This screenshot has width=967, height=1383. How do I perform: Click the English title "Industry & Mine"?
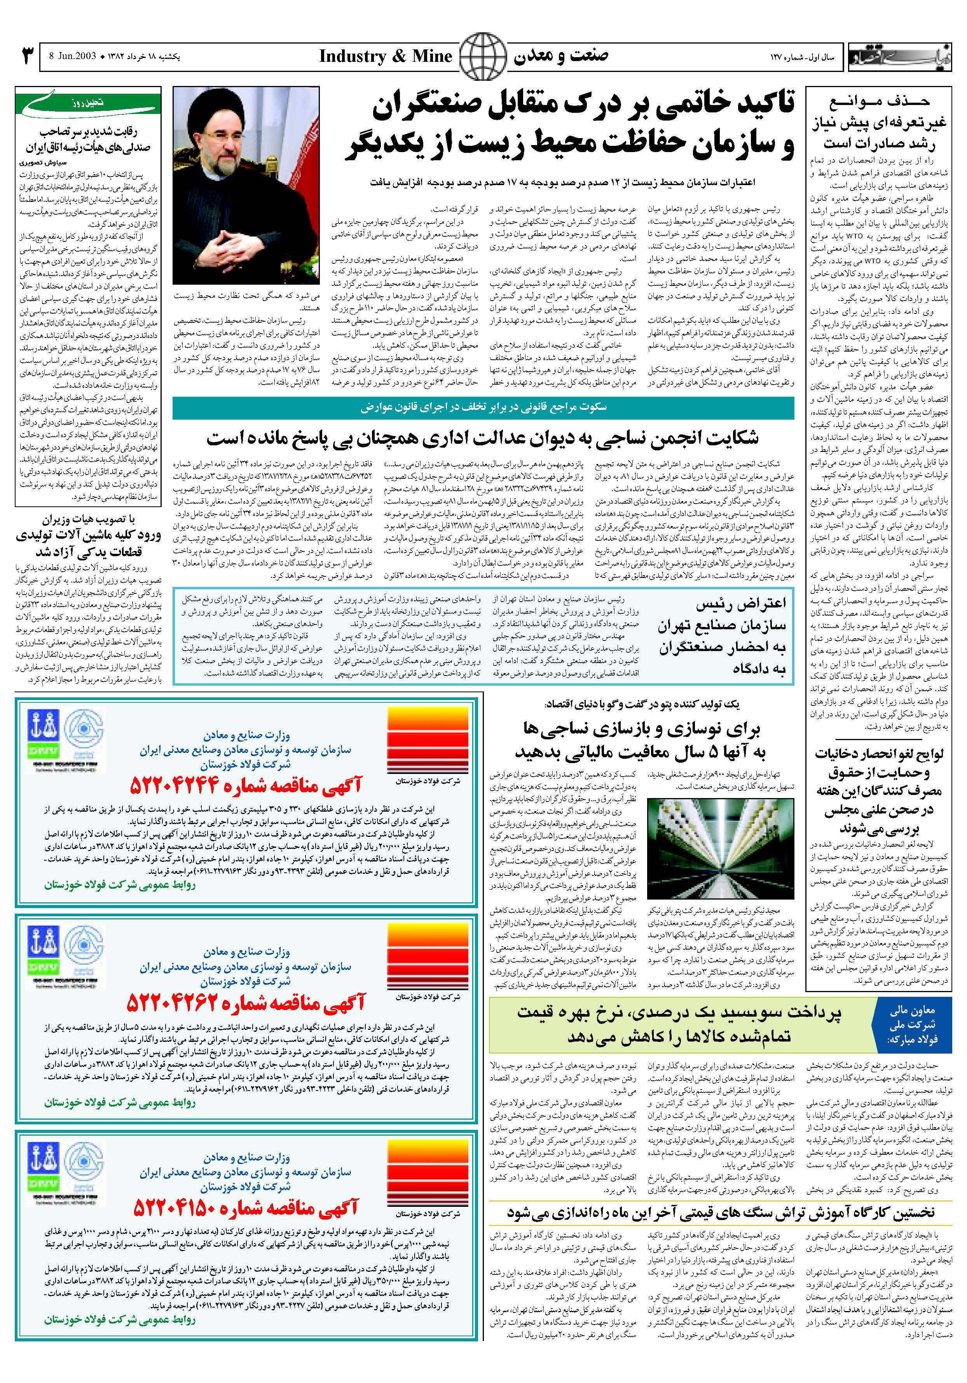point(385,56)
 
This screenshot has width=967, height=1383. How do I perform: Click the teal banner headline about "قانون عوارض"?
point(483,408)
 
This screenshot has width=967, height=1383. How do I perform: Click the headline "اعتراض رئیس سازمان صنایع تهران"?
point(723,635)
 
